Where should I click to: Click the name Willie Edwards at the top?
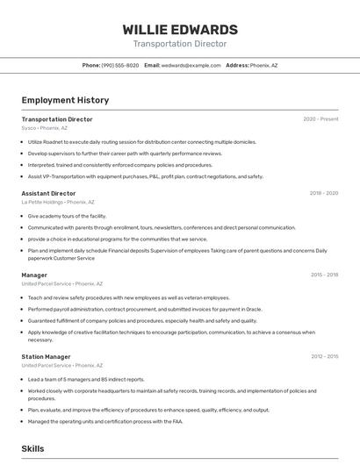click(x=180, y=29)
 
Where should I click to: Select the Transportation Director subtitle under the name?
click(x=180, y=44)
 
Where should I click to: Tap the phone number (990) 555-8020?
click(x=120, y=65)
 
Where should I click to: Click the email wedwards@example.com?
click(x=191, y=65)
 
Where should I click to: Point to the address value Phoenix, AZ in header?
click(x=263, y=65)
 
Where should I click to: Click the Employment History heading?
click(x=65, y=100)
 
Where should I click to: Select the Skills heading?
click(x=32, y=448)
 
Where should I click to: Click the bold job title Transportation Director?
click(x=57, y=119)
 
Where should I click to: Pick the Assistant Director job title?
click(x=48, y=193)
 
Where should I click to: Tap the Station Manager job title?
click(x=46, y=357)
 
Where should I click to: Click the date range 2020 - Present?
click(x=320, y=119)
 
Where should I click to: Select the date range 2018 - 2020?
click(x=323, y=193)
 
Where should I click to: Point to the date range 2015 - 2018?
click(x=324, y=275)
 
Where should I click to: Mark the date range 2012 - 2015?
click(x=324, y=357)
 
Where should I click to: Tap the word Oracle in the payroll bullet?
click(x=254, y=309)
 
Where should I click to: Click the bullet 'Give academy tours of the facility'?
click(x=67, y=216)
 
